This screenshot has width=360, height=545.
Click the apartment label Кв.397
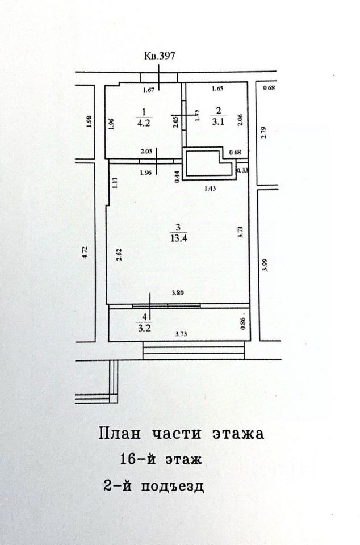160,56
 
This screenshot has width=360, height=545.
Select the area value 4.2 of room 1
144,120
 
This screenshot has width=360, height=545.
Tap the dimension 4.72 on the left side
86,252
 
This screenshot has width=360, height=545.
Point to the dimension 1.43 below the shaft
211,187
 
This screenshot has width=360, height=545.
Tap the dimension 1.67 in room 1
149,90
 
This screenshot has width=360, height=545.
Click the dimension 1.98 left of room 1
89,121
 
